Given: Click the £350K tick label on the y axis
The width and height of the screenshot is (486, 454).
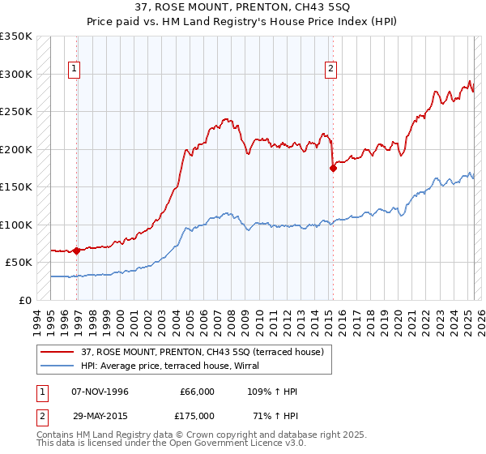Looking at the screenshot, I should click(x=16, y=36).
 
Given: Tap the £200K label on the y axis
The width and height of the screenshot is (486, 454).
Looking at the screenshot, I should click(x=16, y=149).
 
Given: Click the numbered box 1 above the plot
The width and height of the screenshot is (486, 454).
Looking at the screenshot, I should click(x=74, y=70).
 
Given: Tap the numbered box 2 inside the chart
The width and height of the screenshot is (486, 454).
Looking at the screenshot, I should click(x=331, y=70).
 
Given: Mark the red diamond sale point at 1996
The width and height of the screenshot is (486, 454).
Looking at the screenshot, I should click(x=76, y=251).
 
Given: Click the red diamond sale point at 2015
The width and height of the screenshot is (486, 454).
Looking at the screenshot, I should click(x=333, y=169).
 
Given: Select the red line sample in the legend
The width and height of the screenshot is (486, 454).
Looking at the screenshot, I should click(x=58, y=352).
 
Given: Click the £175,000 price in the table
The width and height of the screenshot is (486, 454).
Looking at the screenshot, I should click(x=197, y=415).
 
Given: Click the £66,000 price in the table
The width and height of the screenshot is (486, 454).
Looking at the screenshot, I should click(x=197, y=392).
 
